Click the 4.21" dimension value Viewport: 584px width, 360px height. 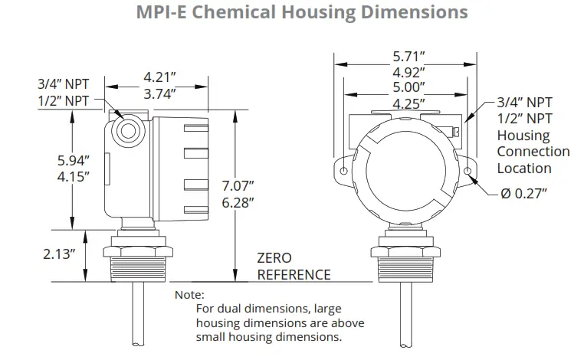pos(159,77)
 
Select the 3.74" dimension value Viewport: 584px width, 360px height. pos(159,93)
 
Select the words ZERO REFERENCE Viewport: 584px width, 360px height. pos(294,267)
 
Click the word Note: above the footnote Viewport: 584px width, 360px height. pos(189,295)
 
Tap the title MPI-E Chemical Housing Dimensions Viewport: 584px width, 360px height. pos(291,13)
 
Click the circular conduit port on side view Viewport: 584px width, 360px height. pos(127,130)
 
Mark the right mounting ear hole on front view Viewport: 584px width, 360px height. pos(468,171)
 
